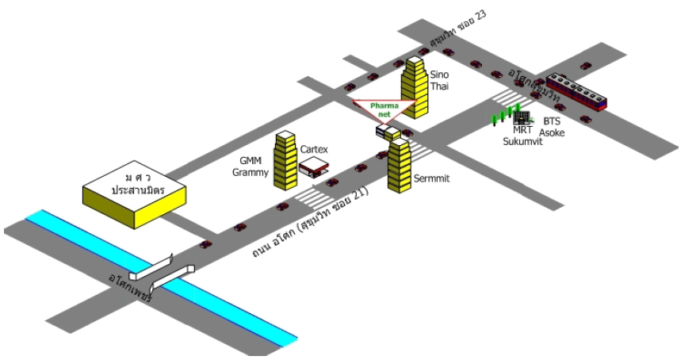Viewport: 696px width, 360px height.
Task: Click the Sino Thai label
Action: (439, 80)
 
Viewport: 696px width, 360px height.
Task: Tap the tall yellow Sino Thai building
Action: (415, 89)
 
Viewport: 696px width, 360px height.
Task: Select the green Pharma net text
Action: (384, 110)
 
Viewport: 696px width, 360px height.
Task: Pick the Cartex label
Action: (314, 149)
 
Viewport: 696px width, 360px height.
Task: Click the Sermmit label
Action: (431, 179)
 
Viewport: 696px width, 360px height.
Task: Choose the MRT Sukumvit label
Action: (522, 136)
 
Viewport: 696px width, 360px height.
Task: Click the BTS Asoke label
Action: (553, 127)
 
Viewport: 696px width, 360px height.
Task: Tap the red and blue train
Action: (576, 92)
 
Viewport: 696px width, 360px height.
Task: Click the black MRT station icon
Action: (521, 117)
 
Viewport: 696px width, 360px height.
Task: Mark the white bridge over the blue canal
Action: (162, 272)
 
